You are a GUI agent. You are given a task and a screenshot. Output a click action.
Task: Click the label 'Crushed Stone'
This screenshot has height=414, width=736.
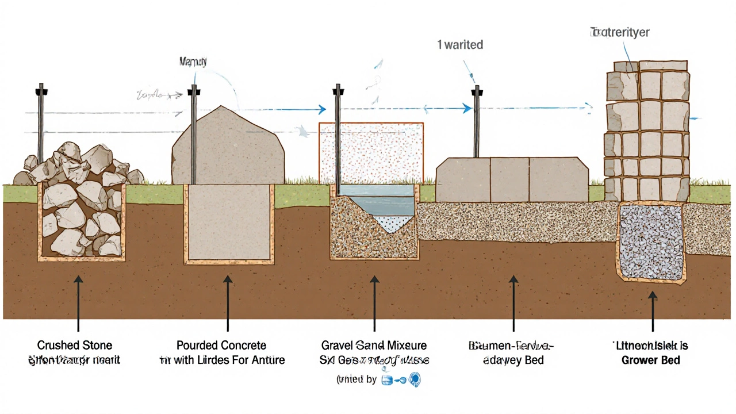[75, 346]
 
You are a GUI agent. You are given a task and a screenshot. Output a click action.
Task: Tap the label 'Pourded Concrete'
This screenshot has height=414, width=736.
[221, 346]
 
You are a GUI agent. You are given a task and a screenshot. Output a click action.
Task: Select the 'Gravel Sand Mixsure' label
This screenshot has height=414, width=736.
[374, 346]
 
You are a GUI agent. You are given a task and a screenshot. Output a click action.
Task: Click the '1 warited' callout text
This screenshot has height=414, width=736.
[460, 44]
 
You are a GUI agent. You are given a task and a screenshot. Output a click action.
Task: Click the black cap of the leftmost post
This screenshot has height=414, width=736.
[40, 90]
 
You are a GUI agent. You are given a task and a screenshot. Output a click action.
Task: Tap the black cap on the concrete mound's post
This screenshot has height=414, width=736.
[194, 90]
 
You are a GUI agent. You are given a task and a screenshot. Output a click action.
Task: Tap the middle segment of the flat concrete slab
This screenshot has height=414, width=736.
[509, 180]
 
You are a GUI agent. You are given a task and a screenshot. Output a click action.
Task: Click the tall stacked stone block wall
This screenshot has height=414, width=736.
[647, 129]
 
